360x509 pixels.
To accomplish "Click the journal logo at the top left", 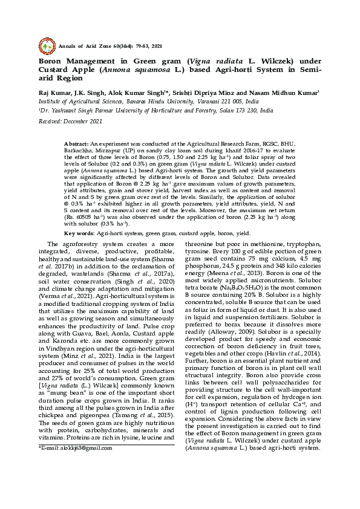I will tap(47, 45).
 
